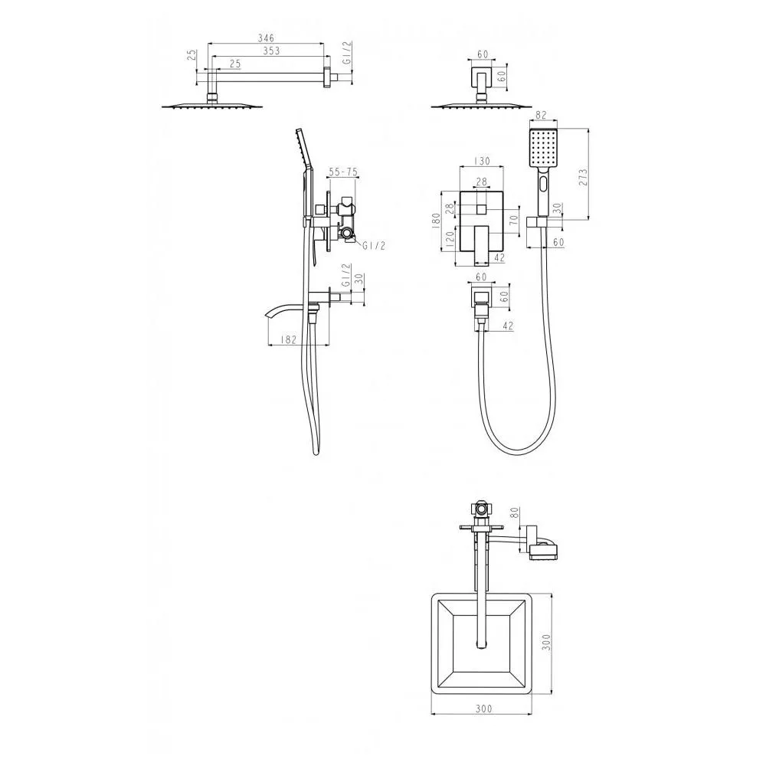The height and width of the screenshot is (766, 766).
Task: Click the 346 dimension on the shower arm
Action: [267, 38]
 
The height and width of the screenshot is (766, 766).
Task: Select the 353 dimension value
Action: [271, 51]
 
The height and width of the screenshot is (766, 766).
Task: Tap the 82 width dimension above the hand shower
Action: [541, 116]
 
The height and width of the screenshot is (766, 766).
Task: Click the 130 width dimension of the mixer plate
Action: [482, 161]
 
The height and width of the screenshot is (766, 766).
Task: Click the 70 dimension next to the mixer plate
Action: [513, 219]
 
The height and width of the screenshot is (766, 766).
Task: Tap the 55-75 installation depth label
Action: [343, 172]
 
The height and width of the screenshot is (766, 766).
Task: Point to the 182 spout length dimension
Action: [289, 339]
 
